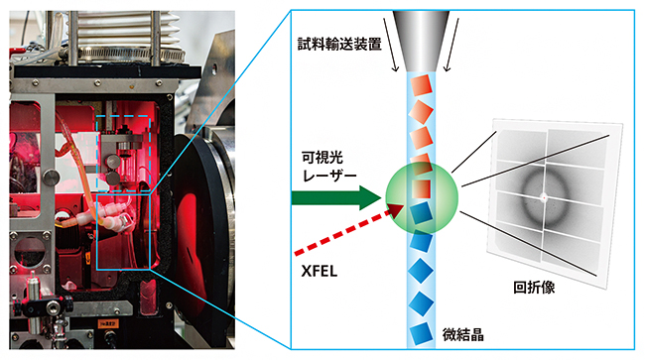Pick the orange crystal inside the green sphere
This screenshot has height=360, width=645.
click(420, 184)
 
